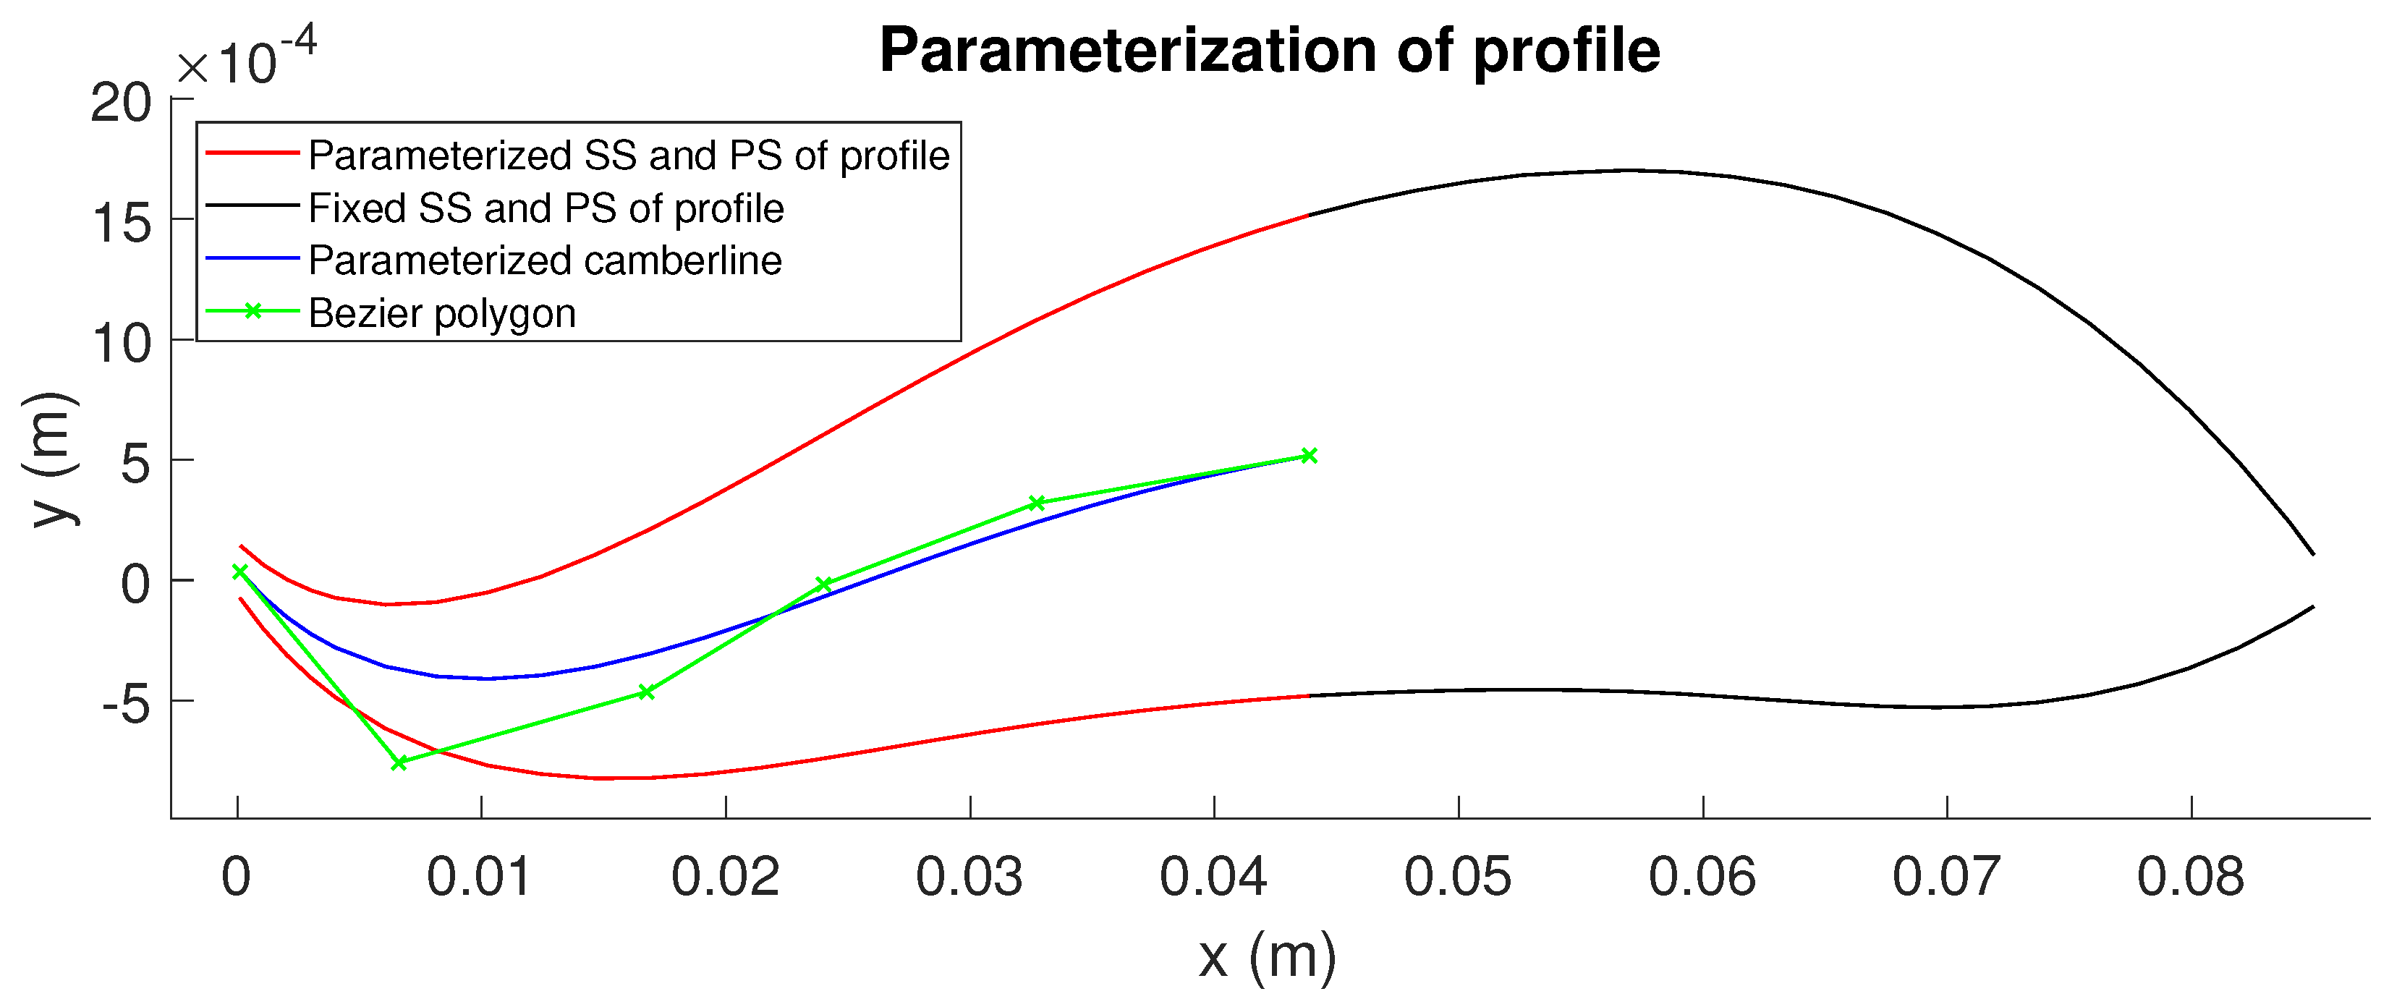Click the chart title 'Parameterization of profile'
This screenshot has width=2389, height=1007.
click(x=1270, y=50)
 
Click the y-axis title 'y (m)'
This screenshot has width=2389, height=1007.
click(x=51, y=459)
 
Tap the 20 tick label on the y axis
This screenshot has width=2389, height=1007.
click(x=121, y=103)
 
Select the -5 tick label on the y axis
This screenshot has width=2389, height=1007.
click(x=125, y=705)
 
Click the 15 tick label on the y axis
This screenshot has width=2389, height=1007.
click(x=122, y=224)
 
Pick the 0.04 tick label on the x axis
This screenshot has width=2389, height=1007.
click(x=1213, y=876)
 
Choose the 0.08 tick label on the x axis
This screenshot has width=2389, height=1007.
click(x=2191, y=876)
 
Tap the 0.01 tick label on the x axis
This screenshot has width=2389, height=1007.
click(x=480, y=876)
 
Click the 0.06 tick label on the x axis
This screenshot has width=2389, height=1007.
click(x=1702, y=876)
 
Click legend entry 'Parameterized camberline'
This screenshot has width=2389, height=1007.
click(x=544, y=260)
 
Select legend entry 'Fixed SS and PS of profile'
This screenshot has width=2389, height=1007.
click(x=546, y=208)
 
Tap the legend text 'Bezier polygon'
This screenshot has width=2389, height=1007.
click(x=441, y=313)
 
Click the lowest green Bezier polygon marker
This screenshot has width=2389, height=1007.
click(x=399, y=762)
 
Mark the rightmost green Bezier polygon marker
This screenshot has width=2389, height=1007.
click(x=1309, y=455)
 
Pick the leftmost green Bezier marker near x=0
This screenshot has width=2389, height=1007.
click(x=239, y=572)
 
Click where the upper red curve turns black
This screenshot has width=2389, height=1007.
click(x=1307, y=215)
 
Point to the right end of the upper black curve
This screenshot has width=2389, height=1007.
click(x=2314, y=553)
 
